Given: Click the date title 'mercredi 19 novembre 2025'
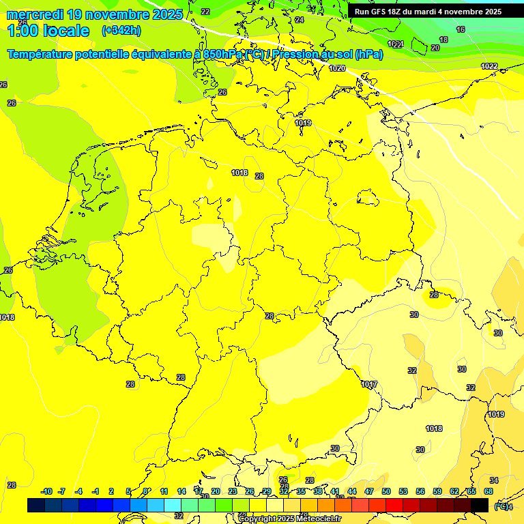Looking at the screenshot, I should (x=94, y=14).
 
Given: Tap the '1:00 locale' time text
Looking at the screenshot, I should (x=48, y=31).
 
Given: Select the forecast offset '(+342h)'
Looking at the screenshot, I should (x=121, y=31).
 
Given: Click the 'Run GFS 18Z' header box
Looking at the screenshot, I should (x=428, y=12).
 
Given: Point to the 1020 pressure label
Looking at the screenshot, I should (x=337, y=68).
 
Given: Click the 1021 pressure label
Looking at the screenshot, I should (x=396, y=44).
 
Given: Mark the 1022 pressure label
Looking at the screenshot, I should (x=489, y=66).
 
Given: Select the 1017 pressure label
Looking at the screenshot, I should (x=369, y=385).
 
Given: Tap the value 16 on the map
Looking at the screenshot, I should (x=461, y=29).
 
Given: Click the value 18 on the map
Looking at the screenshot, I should (x=443, y=40).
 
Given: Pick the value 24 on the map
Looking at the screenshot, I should (x=299, y=20).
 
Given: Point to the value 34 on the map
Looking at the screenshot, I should (x=494, y=480).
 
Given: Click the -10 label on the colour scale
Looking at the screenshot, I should (x=46, y=491).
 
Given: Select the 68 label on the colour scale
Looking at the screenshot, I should (x=489, y=491).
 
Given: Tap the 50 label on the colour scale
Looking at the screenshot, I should (x=386, y=491).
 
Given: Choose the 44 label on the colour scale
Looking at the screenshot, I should (x=352, y=491).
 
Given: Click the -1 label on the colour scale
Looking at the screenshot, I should (x=96, y=491).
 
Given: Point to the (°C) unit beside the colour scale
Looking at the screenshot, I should (x=502, y=506).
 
